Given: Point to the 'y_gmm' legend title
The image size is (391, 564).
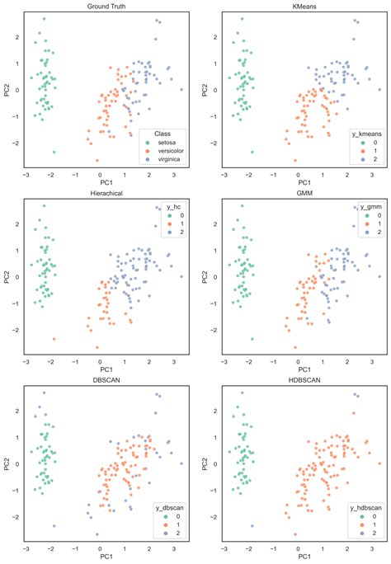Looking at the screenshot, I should [x=370, y=208].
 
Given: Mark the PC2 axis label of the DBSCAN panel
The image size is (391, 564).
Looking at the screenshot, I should [x=7, y=464].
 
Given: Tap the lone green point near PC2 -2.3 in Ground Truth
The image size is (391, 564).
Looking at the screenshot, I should [x=54, y=152].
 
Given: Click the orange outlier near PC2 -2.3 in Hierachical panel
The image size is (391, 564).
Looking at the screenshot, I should [x=54, y=339].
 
